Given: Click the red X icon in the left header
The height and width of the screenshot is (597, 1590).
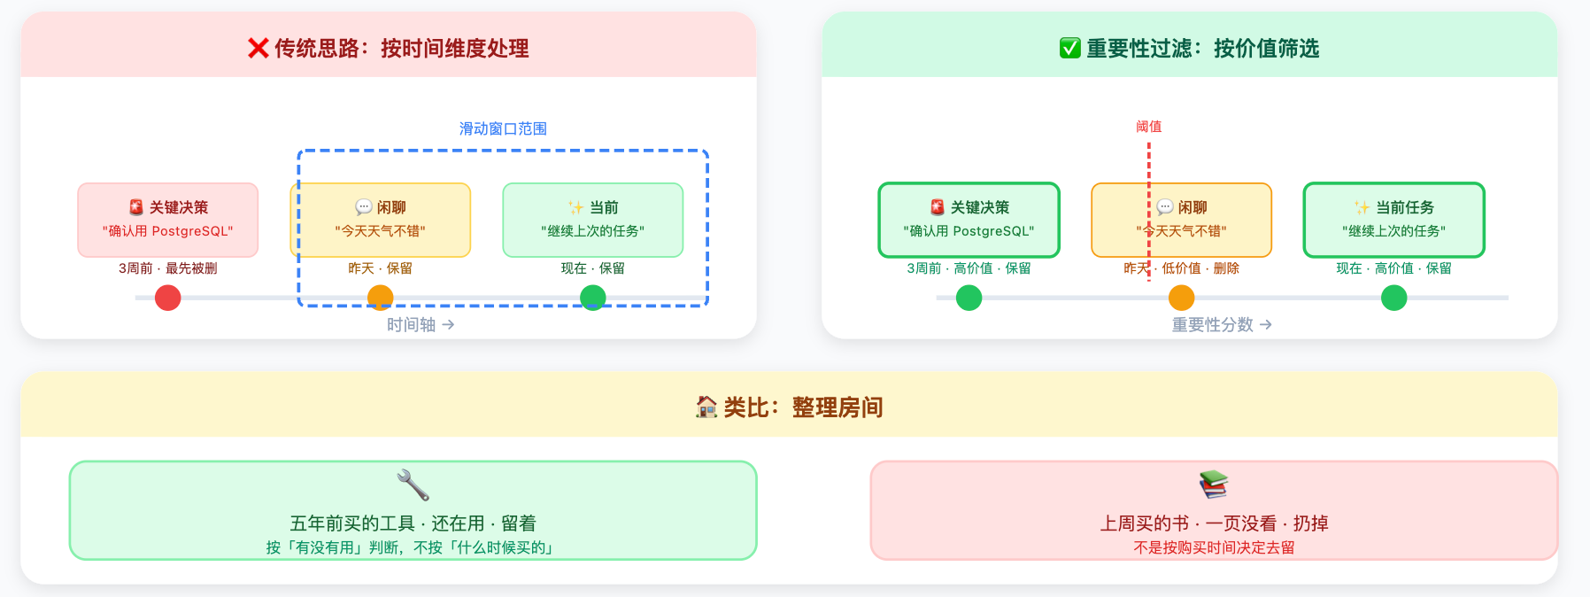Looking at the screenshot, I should coord(258,48).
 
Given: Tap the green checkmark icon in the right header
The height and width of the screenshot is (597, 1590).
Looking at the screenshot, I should coord(1069,48).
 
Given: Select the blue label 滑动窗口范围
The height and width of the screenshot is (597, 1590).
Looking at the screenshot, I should coord(503,128).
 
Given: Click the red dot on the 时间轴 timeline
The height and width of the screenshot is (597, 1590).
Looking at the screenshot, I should coord(167,298).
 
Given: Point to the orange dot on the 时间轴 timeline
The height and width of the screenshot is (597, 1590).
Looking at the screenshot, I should coord(380,298).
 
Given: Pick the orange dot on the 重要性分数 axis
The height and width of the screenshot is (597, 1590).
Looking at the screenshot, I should coord(1181,298).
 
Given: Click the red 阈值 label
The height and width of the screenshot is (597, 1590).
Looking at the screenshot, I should coord(1148,127).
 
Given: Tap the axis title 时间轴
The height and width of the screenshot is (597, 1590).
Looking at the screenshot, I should coord(412,325).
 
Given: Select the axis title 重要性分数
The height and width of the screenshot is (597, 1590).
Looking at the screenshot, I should coord(1213,325).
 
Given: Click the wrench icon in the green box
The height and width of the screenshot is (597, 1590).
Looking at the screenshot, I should coord(413,485).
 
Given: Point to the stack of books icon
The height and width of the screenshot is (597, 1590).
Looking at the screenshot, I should coord(1214,485).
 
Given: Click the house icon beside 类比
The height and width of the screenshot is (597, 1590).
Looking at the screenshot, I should coord(706,407).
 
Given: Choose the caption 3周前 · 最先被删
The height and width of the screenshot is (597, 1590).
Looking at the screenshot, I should coord(167,268).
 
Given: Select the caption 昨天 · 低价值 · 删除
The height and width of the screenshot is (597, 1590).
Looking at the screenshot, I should coord(1181,268).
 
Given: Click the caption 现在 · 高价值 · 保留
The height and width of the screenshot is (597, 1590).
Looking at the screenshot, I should coord(1393,268).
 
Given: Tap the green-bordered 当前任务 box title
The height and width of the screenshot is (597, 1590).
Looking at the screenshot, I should coord(1404,207).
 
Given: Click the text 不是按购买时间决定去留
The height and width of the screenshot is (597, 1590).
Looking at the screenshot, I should coord(1214,547).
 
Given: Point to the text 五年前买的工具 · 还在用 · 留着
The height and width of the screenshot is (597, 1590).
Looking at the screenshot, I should coord(413,523).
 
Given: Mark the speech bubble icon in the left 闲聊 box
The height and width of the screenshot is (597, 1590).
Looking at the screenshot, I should coord(363,207).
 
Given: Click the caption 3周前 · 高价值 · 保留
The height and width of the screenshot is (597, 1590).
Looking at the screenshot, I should coord(969,268).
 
